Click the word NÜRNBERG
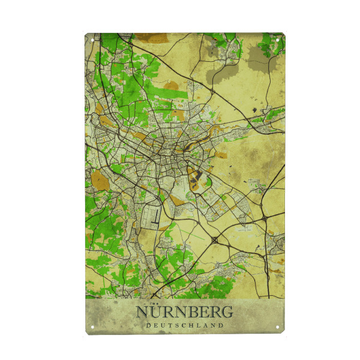[185, 312]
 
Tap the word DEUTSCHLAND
[185, 325]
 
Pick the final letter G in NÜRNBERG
[227, 312]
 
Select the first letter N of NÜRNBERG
[142, 313]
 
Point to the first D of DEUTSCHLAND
[148, 325]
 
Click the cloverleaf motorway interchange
[214, 240]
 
